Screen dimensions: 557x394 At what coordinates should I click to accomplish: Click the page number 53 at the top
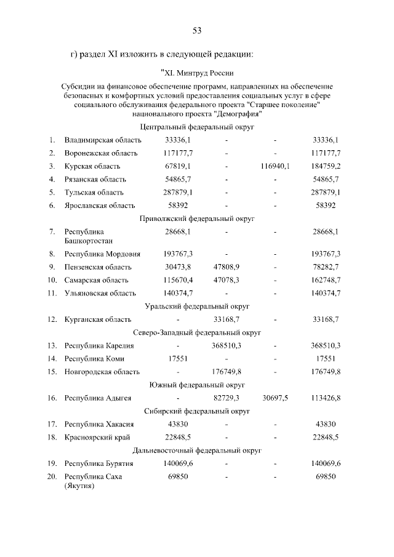(197, 31)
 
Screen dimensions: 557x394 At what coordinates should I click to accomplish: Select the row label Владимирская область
(103, 140)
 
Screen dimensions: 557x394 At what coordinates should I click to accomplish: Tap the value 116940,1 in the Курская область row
(275, 166)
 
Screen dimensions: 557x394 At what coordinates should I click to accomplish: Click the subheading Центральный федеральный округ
(197, 127)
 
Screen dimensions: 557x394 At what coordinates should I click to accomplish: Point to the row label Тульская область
(95, 192)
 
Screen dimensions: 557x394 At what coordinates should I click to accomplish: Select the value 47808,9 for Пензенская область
(227, 266)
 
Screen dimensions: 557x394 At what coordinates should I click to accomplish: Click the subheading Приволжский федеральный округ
(197, 218)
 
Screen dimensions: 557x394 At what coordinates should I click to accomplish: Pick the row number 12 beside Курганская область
(53, 319)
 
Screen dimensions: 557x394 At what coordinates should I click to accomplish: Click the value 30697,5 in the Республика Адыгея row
(275, 398)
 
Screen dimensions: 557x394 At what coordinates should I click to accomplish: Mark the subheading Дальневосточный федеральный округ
(197, 450)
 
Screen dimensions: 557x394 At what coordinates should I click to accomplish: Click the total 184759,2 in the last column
(326, 166)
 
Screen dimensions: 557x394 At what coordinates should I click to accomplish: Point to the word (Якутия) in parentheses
(79, 486)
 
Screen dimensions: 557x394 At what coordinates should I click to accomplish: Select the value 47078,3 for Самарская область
(227, 279)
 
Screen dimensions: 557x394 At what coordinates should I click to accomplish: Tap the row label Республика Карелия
(99, 345)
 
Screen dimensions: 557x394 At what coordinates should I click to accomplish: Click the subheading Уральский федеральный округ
(197, 306)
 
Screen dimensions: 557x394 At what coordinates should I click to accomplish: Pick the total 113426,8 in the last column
(326, 398)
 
